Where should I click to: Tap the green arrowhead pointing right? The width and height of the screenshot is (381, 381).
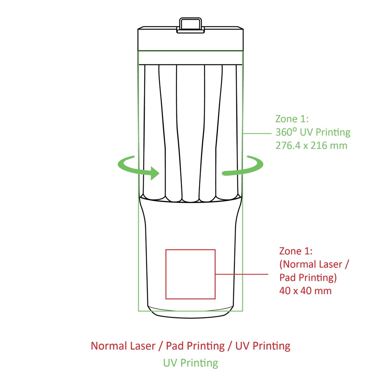(154, 173)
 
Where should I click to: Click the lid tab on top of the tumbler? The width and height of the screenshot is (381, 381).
(190, 25)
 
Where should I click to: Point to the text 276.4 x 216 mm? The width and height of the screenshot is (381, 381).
(311, 145)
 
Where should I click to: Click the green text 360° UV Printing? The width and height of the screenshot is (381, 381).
(313, 132)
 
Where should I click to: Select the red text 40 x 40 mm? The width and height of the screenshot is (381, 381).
(305, 291)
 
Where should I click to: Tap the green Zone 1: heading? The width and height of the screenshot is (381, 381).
(292, 119)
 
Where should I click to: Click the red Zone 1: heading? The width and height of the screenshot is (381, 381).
(296, 251)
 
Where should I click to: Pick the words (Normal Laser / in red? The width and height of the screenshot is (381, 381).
(314, 265)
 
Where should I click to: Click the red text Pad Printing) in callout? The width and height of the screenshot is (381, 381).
(308, 278)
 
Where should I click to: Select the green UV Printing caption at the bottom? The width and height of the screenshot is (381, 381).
(190, 363)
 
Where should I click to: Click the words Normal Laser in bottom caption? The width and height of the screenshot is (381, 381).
(123, 346)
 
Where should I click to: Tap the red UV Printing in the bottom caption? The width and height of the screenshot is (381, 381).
(263, 346)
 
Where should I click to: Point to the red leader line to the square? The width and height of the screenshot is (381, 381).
(242, 274)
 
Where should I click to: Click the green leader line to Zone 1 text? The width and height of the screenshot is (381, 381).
(257, 134)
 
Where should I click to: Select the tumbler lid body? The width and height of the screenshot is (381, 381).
(190, 39)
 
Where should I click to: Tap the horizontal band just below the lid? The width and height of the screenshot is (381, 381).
(190, 58)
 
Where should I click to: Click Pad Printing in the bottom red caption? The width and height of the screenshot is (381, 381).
(195, 346)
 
